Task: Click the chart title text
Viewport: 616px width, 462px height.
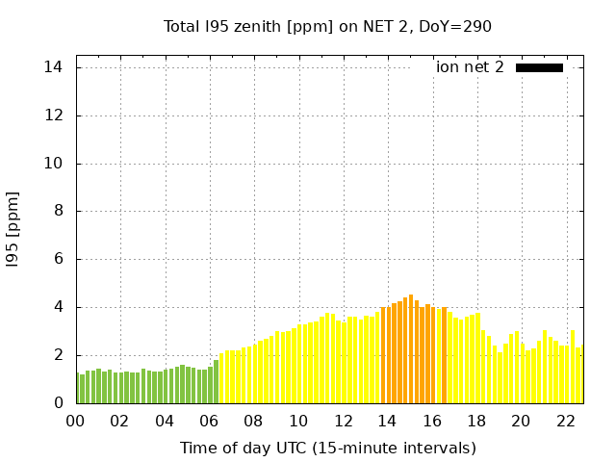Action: point(327,26)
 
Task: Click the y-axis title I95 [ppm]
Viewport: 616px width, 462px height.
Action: point(13,229)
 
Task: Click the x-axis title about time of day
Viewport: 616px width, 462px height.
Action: point(327,448)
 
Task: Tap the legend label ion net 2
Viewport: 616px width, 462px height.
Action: point(470,67)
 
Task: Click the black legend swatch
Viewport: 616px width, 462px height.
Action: point(539,67)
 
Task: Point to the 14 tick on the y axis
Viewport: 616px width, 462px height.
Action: point(53,67)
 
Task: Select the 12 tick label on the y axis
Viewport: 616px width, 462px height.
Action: point(53,115)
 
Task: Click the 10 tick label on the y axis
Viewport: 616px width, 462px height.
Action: point(53,164)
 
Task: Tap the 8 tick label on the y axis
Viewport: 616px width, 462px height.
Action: point(58,212)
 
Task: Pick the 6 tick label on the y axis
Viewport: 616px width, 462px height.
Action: point(58,259)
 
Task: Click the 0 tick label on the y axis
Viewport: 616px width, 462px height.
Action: point(58,403)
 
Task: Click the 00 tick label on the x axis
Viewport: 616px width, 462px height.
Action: point(75,421)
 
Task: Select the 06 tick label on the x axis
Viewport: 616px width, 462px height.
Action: point(209,421)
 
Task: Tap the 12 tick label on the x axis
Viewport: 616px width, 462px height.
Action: point(343,421)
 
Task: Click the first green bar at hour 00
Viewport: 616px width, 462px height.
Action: point(78,388)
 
